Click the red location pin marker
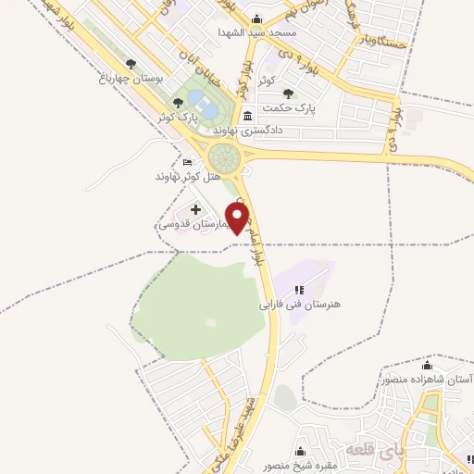click(x=237, y=218)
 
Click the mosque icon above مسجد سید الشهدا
click(x=256, y=19)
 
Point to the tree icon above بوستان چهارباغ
click(x=131, y=65)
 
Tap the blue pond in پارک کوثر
click(x=208, y=110)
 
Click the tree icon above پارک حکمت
click(x=289, y=93)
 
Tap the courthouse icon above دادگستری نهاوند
click(x=247, y=118)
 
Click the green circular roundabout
click(x=224, y=156)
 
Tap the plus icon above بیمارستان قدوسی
click(x=195, y=209)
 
